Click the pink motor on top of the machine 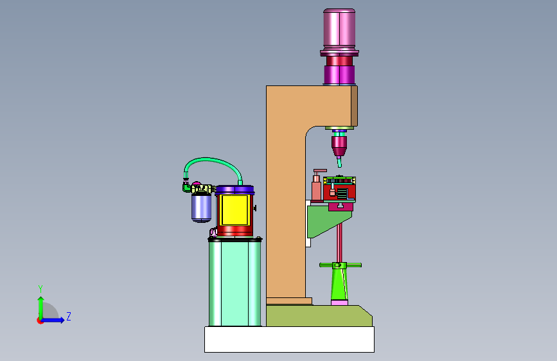tap(339, 28)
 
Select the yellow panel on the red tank tap(234, 210)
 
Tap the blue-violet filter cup tap(202, 207)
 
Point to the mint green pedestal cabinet tap(234, 283)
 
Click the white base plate tap(289, 339)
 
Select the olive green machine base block tap(319, 315)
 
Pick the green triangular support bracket tap(328, 220)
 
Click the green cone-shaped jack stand tap(340, 285)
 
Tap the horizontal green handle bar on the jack tap(340, 265)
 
